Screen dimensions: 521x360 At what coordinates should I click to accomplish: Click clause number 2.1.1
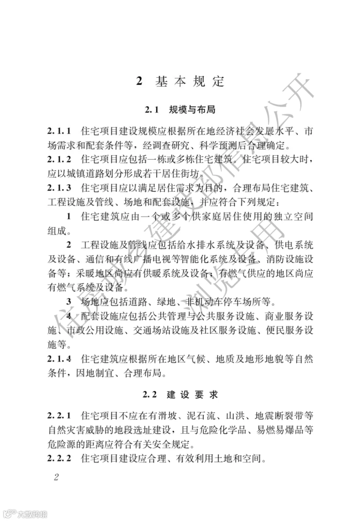coord(59,131)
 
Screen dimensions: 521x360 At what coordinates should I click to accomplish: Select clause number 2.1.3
coord(59,188)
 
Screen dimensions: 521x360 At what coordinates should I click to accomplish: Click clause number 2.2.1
coord(59,416)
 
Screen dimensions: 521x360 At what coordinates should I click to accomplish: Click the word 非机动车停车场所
coord(228,302)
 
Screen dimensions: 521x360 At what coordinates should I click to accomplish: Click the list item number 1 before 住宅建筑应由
coord(69,217)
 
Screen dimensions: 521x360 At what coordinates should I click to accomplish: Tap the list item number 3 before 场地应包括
coord(69,302)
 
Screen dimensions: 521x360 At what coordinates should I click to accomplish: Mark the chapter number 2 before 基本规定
coord(139,82)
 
